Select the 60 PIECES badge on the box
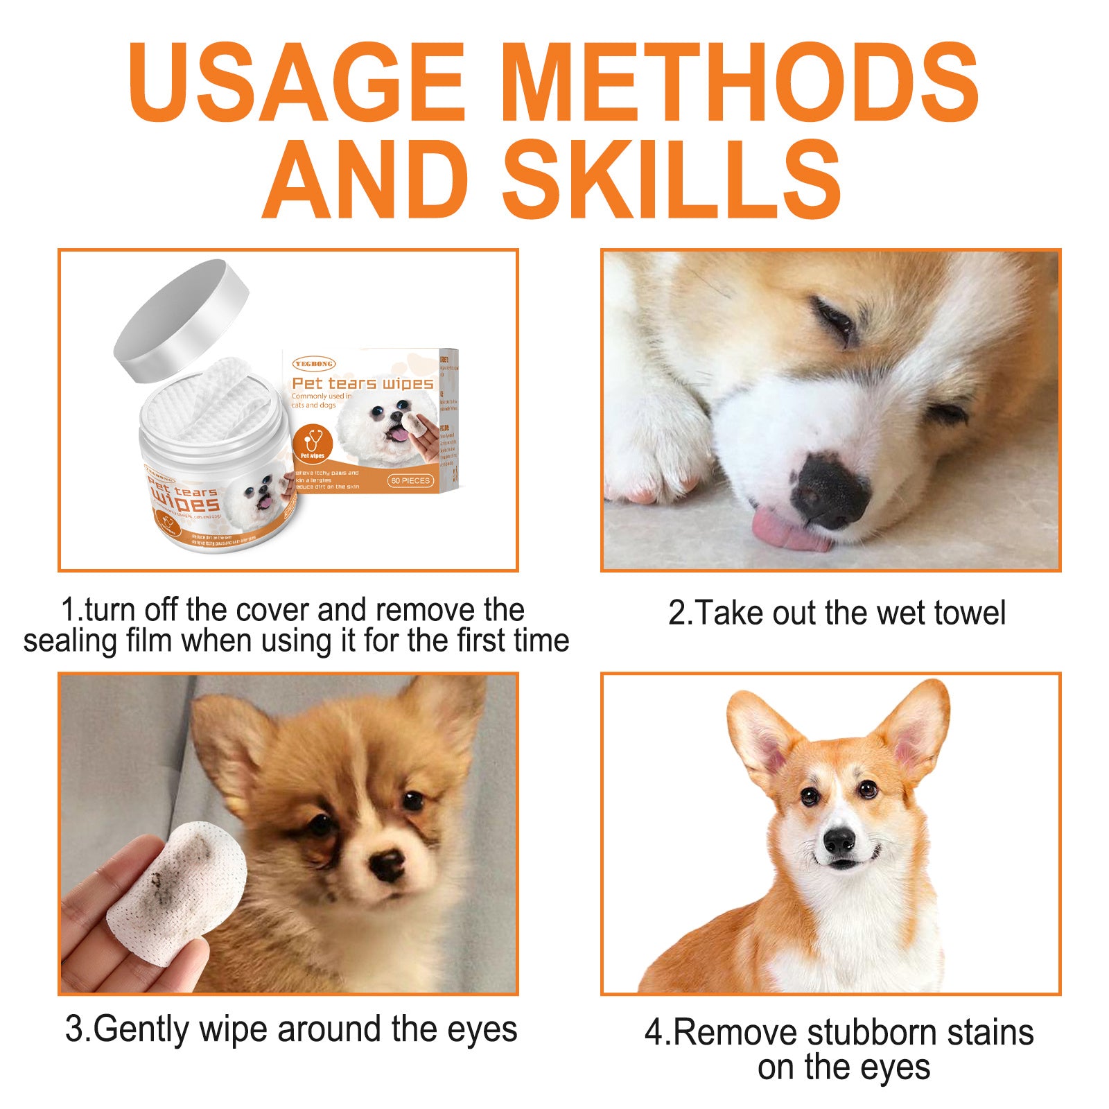point(410,480)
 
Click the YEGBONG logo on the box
point(314,363)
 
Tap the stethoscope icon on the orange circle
point(313,441)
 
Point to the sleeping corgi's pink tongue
point(790,532)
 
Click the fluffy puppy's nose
point(385,862)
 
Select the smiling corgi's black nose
point(839,841)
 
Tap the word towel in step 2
point(969,613)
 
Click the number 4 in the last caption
point(654,1033)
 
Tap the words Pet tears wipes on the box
point(362,383)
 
